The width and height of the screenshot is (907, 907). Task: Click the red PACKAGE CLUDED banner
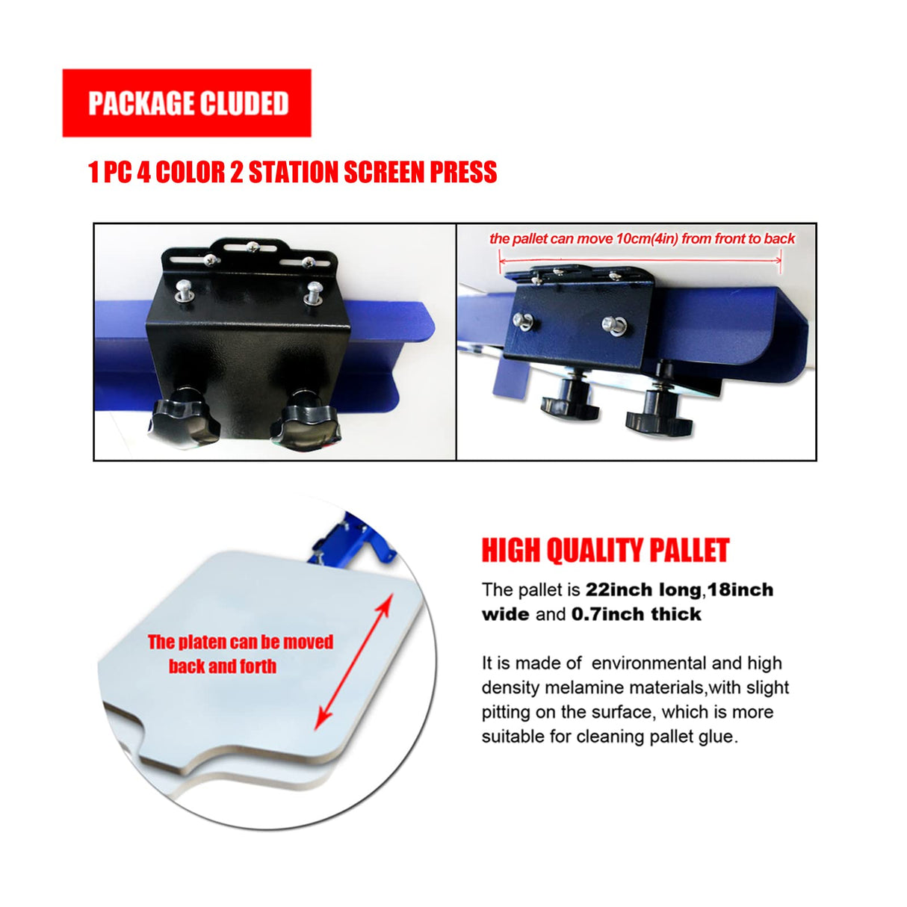[x=187, y=103]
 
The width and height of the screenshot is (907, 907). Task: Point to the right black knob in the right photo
[x=659, y=415]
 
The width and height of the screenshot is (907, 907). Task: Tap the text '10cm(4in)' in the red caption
[x=647, y=239]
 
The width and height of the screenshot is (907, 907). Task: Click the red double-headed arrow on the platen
[x=353, y=661]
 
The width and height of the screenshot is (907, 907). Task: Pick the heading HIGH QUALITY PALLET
[x=605, y=551]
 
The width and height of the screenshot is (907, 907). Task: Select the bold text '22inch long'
[x=643, y=590]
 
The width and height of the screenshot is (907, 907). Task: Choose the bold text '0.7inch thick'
[x=637, y=615]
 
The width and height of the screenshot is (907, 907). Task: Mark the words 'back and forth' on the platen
[x=223, y=666]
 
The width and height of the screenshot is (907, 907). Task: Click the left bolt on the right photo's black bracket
[x=523, y=321]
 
